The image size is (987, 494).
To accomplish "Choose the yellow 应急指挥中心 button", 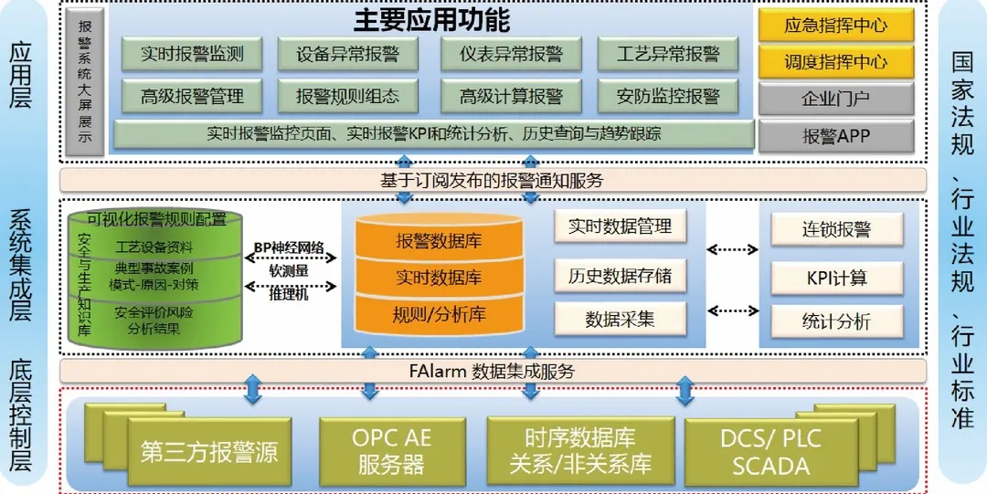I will pyautogui.click(x=835, y=26).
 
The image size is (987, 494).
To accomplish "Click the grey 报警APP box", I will pyautogui.click(x=835, y=137).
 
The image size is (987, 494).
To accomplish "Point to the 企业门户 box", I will pyautogui.click(x=835, y=100).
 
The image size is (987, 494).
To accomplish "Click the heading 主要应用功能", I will pyautogui.click(x=431, y=19).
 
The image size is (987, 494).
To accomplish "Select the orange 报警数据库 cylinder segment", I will pyautogui.click(x=439, y=242).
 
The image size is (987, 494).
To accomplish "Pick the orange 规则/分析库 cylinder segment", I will pyautogui.click(x=439, y=315).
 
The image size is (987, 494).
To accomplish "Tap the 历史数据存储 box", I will pyautogui.click(x=620, y=275).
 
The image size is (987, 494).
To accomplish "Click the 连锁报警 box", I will pyautogui.click(x=836, y=230).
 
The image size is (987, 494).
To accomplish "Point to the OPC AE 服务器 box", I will pyautogui.click(x=391, y=451).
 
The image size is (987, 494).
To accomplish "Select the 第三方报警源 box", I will pyautogui.click(x=209, y=452).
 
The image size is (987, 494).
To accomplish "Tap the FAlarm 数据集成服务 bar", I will pyautogui.click(x=492, y=372).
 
